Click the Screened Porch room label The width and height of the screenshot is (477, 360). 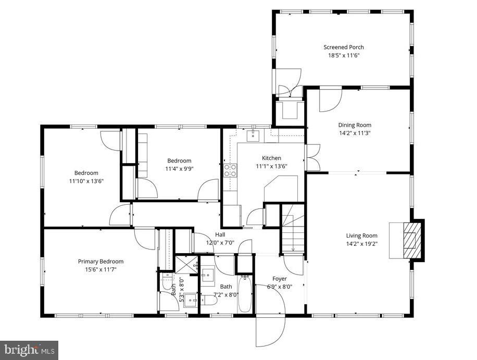click(343, 47)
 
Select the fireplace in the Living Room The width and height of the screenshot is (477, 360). click(411, 240)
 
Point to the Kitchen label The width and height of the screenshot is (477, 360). click(271, 158)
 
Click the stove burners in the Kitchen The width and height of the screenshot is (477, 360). click(230, 170)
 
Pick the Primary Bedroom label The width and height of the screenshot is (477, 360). click(101, 261)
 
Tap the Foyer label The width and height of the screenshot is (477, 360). click(280, 279)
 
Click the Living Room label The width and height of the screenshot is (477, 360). click(361, 235)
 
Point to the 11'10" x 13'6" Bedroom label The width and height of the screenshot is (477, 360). click(86, 173)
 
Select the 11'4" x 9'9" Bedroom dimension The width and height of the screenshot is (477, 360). click(179, 169)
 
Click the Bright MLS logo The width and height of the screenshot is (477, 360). click(29, 350)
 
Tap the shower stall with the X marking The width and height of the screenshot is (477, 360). click(186, 264)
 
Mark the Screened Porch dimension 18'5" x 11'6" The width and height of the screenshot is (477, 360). click(343, 55)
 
